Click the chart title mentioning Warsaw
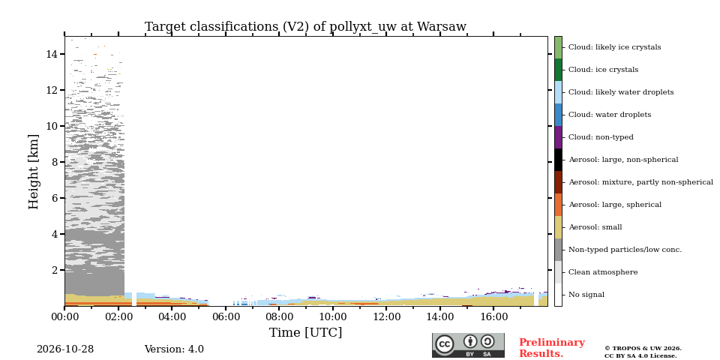305,27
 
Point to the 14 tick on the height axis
52,54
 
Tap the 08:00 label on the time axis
279,316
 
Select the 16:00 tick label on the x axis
493,316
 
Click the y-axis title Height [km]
34,172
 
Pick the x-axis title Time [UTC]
305,332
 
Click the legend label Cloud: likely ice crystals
615,47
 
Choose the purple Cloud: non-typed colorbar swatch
558,137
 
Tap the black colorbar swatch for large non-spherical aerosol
558,160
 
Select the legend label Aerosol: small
595,227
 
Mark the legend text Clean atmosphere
603,272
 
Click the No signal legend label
586,295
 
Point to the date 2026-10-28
65,349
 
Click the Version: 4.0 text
174,349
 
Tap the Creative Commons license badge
468,345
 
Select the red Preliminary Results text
552,348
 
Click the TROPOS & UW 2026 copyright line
643,349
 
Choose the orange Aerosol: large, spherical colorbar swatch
558,205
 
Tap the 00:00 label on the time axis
64,316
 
